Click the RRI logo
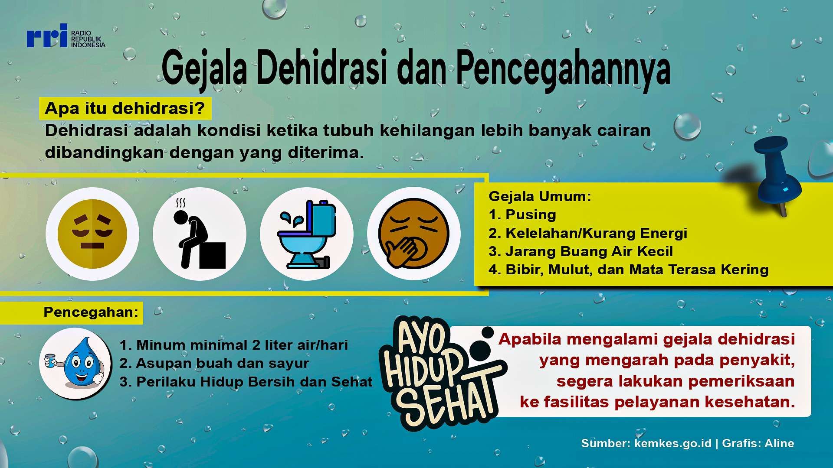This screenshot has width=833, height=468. click(66, 36)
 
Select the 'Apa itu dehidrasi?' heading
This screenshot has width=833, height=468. click(125, 108)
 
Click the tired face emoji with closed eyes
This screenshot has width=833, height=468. click(92, 234)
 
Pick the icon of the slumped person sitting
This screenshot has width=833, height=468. click(200, 234)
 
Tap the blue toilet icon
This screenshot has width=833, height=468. click(307, 234)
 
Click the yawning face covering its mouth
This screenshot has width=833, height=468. click(414, 234)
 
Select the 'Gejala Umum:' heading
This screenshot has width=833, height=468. click(540, 196)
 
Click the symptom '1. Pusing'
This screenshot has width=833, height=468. click(522, 214)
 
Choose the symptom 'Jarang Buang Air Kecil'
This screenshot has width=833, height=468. click(589, 251)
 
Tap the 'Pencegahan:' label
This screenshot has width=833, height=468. click(91, 312)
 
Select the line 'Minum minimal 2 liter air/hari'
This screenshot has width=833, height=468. click(242, 345)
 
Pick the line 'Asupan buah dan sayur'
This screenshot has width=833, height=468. click(223, 363)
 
